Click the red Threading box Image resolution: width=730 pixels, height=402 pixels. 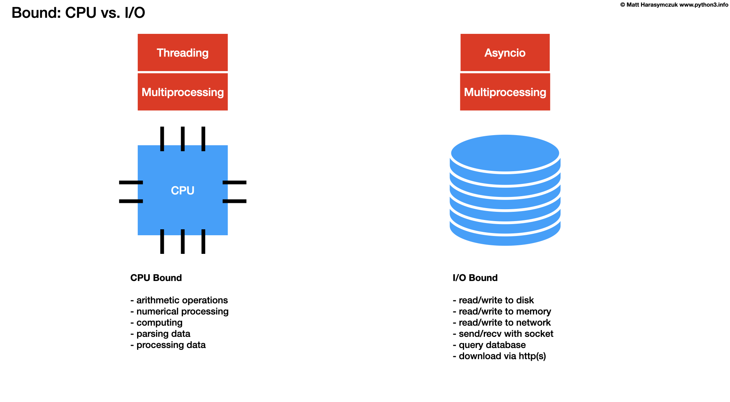coord(182,52)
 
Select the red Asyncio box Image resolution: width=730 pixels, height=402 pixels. coord(505,52)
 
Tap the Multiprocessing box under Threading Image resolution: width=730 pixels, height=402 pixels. coord(182,92)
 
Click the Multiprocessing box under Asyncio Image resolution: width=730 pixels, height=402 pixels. coord(505,92)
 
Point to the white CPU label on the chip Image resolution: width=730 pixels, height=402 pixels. coord(182,191)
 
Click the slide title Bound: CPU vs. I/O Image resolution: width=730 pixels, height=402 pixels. coord(78,13)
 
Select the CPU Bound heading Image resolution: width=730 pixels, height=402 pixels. coord(156,278)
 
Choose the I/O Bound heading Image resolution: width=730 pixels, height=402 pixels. coord(475,278)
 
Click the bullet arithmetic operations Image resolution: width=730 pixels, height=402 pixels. coord(179,300)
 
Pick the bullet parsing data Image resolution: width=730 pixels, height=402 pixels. coord(161,334)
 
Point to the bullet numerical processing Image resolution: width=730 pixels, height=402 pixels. coord(180,312)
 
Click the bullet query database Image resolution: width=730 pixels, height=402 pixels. coord(489,345)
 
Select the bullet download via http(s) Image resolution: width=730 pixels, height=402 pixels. coord(499,356)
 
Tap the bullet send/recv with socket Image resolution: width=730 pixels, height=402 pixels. coord(503,334)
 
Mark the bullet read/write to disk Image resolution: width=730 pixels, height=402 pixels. coord(493,300)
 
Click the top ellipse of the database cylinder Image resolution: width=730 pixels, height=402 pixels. coord(505,153)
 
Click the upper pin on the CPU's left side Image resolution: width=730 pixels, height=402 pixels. coord(130,182)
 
